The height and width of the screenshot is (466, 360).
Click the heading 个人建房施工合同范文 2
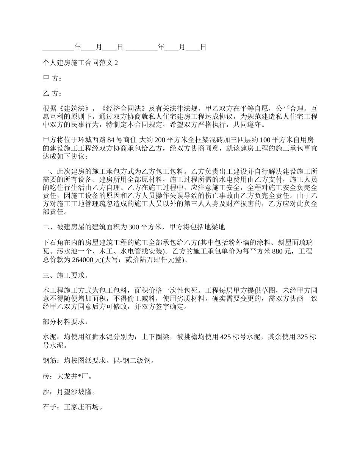(81, 63)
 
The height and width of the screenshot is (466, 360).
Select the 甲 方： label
(52, 78)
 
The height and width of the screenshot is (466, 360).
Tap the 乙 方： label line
(52, 94)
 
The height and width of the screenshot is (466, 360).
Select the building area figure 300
(135, 227)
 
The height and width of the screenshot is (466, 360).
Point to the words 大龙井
(67, 377)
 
